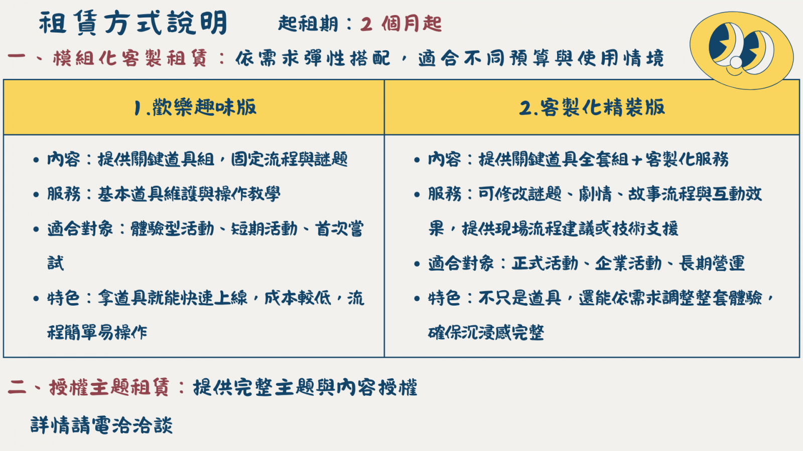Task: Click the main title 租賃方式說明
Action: [132, 23]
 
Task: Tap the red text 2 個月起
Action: [401, 24]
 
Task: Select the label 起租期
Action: [308, 24]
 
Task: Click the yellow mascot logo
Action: [741, 50]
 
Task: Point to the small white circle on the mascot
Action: [736, 62]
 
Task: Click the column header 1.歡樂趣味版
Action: [195, 107]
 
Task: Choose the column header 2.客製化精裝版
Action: [592, 107]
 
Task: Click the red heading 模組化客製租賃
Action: [130, 58]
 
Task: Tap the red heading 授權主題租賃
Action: [109, 387]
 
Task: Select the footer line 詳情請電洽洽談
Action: [101, 425]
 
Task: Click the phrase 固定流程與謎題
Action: [289, 159]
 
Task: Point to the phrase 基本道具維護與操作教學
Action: [189, 194]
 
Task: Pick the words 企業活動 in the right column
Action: [628, 264]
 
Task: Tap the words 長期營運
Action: [712, 264]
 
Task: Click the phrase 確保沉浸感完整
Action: [486, 333]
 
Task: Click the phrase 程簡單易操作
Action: [97, 333]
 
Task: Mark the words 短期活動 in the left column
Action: [264, 229]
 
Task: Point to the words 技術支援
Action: [645, 229]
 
